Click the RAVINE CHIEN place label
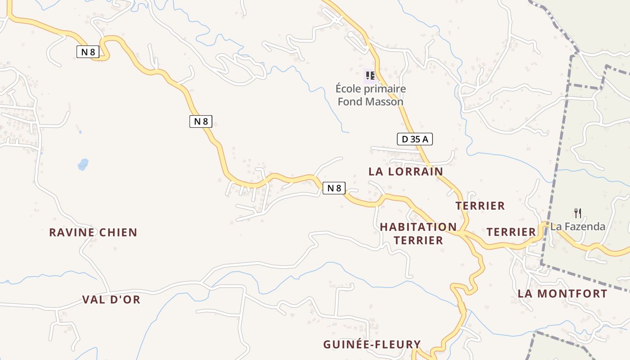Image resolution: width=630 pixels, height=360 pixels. click(93, 233)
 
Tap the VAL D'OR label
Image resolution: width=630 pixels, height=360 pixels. click(111, 300)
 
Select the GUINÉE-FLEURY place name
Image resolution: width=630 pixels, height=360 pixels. click(372, 345)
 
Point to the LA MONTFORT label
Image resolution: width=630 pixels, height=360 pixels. click(562, 294)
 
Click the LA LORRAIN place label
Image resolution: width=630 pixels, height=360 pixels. click(405, 171)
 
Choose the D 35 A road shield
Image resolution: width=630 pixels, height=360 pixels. click(414, 139)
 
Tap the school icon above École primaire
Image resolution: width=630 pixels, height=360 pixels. click(370, 75)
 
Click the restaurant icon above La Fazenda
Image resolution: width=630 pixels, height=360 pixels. click(578, 213)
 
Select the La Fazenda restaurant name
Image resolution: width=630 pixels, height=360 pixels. click(578, 226)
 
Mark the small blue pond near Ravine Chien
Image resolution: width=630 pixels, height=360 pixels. click(83, 164)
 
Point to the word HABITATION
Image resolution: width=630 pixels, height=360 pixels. click(418, 227)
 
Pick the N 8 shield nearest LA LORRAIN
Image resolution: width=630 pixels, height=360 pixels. click(334, 188)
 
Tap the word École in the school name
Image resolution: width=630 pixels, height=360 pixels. click(348, 89)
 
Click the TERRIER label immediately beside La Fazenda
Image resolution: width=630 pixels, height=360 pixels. click(511, 232)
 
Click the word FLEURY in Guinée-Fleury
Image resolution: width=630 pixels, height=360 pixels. click(398, 345)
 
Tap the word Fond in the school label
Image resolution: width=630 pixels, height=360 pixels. click(350, 102)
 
